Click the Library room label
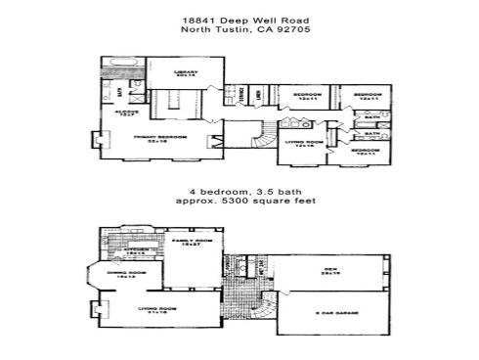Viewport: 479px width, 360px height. (x=186, y=72)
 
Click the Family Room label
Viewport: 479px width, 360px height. (x=187, y=241)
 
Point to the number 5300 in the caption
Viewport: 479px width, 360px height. (x=233, y=200)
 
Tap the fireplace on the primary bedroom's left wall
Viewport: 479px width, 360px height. (x=97, y=141)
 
